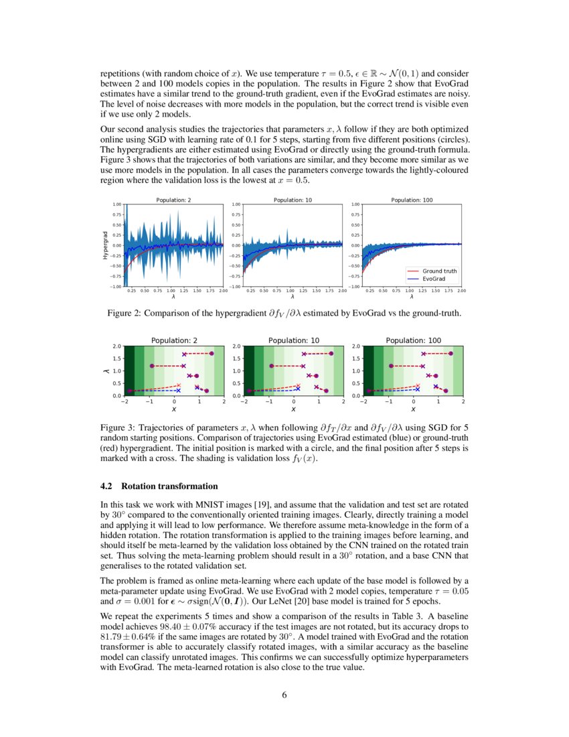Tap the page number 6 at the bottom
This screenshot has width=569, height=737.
[x=284, y=694]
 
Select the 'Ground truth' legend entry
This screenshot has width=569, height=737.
[x=439, y=271]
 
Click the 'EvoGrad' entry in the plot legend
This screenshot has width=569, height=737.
[x=434, y=278]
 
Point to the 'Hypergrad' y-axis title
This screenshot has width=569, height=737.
[x=105, y=245]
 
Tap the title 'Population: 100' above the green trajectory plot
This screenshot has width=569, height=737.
[x=413, y=340]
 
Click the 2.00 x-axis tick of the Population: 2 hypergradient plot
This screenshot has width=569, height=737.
[x=223, y=291]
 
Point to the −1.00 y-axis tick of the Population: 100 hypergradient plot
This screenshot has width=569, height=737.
[x=355, y=287]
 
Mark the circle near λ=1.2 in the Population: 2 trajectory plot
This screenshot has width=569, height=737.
[x=152, y=366]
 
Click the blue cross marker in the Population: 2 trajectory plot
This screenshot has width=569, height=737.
[x=178, y=390]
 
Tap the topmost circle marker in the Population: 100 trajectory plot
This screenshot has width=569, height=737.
[x=451, y=353]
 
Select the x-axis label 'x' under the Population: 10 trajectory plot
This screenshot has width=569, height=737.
[x=293, y=409]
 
